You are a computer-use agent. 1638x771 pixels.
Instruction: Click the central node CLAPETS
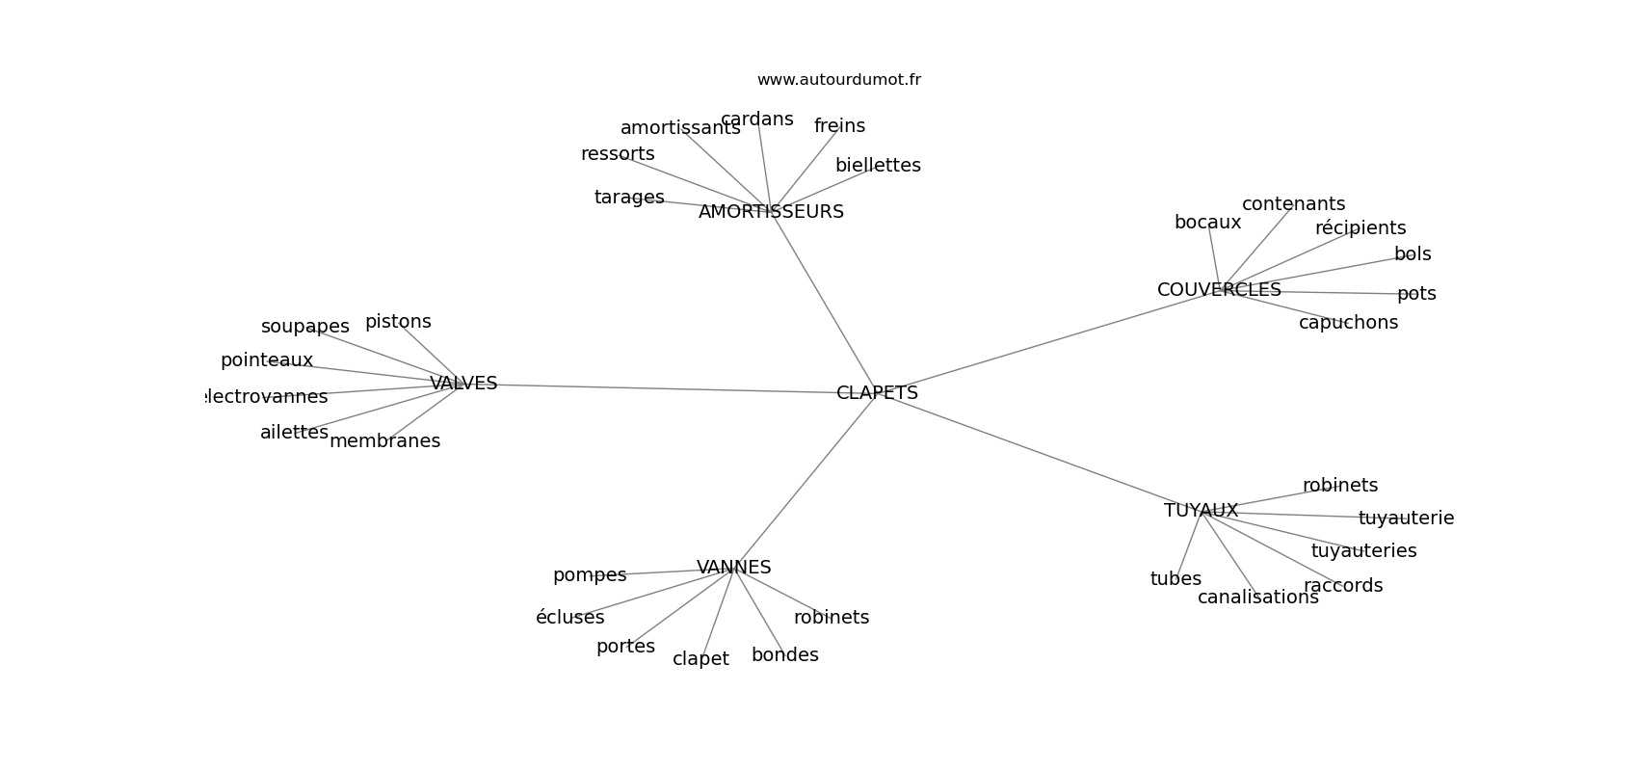pyautogui.click(x=877, y=393)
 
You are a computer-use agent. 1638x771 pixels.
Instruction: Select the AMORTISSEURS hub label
pyautogui.click(x=771, y=212)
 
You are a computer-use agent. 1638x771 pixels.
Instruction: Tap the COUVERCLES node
pyautogui.click(x=1219, y=290)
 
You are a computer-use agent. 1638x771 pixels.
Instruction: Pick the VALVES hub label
pyautogui.click(x=463, y=384)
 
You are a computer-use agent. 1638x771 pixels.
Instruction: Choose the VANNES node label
pyautogui.click(x=733, y=568)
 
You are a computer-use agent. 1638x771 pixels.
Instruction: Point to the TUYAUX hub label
pyautogui.click(x=1201, y=511)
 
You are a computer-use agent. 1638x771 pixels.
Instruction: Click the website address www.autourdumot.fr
pyautogui.click(x=838, y=80)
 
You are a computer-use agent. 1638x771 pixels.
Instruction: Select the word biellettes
pyautogui.click(x=878, y=166)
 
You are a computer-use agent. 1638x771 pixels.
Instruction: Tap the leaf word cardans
pyautogui.click(x=756, y=120)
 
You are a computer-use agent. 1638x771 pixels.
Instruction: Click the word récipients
pyautogui.click(x=1361, y=228)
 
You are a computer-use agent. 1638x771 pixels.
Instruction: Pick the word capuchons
pyautogui.click(x=1348, y=323)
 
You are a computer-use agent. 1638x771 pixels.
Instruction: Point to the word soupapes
pyautogui.click(x=304, y=327)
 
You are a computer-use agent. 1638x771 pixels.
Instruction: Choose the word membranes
pyautogui.click(x=384, y=441)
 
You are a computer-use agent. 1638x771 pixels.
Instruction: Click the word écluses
pyautogui.click(x=569, y=618)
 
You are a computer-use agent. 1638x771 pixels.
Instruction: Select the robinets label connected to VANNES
pyautogui.click(x=832, y=618)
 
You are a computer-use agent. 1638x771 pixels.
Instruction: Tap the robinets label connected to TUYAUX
pyautogui.click(x=1340, y=486)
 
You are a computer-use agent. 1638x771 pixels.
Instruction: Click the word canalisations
pyautogui.click(x=1257, y=598)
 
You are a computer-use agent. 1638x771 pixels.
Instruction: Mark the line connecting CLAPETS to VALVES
pyautogui.click(x=665, y=388)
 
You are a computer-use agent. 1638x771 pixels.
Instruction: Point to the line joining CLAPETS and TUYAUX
pyautogui.click(x=1041, y=453)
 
